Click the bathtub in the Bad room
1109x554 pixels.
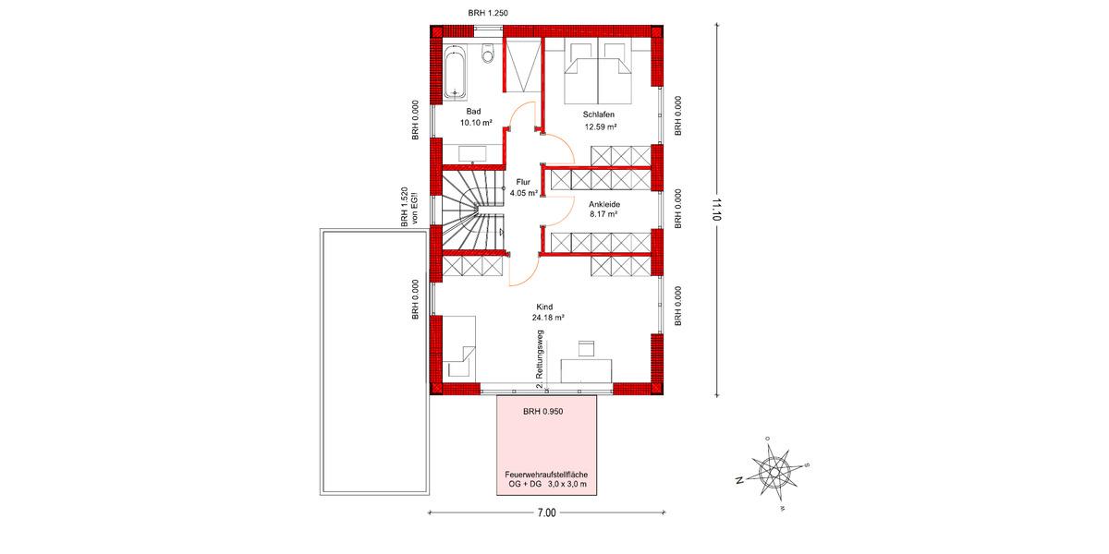coord(456,73)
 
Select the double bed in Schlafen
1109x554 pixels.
coord(599,76)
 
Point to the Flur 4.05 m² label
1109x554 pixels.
coord(524,187)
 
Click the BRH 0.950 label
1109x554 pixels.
coord(542,412)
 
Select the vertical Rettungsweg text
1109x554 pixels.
coord(539,355)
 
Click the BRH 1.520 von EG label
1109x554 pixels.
coord(409,208)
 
